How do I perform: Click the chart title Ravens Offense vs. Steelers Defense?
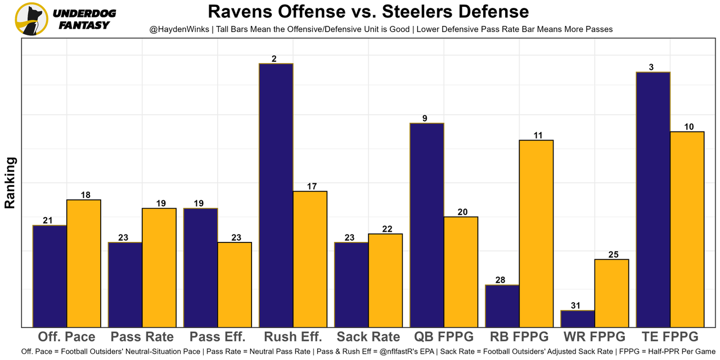(x=368, y=12)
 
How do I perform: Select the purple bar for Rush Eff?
(x=276, y=195)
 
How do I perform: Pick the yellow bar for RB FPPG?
(x=536, y=233)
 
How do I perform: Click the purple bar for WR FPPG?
(x=578, y=318)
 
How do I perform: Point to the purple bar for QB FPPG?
(x=427, y=224)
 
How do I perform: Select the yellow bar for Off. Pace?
(x=84, y=263)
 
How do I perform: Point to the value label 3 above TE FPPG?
(x=651, y=67)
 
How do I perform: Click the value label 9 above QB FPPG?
(x=425, y=118)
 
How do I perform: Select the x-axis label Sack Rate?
(x=368, y=337)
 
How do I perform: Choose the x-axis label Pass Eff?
(x=218, y=337)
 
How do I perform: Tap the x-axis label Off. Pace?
(x=66, y=337)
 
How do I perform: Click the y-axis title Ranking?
(x=10, y=183)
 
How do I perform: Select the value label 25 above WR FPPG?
(x=613, y=254)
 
